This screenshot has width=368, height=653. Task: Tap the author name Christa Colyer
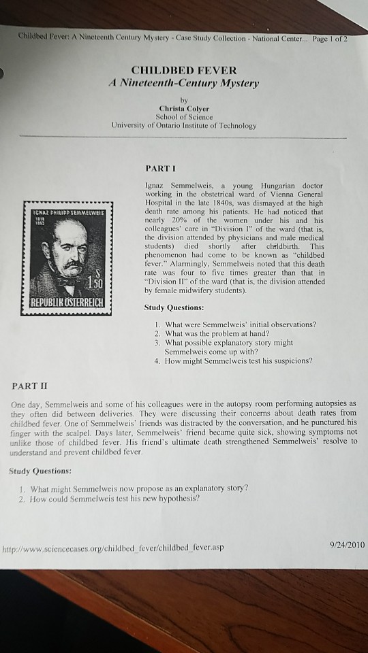point(183,107)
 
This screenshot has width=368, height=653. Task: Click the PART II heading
point(29,386)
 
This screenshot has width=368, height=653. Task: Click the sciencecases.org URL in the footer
point(112,547)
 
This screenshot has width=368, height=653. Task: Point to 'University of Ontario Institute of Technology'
point(184,126)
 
